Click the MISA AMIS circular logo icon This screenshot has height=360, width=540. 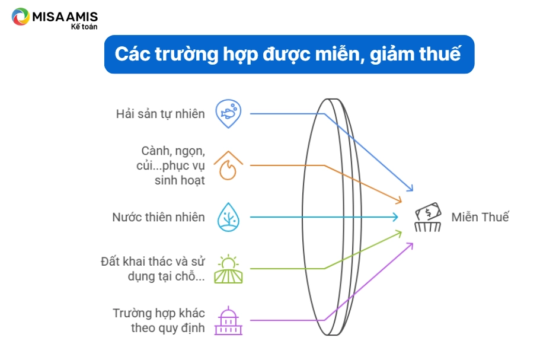click(x=20, y=17)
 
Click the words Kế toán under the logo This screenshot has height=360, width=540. click(x=84, y=27)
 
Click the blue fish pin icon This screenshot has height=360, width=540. click(x=228, y=114)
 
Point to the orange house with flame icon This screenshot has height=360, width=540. click(x=228, y=165)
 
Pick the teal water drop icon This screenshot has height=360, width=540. click(x=228, y=217)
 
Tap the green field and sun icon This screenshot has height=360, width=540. click(x=228, y=269)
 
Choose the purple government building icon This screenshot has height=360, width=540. click(x=228, y=320)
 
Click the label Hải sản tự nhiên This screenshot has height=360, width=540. click(x=160, y=114)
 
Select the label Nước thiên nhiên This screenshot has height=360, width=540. click(x=158, y=217)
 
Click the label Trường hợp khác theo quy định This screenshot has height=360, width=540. click(x=159, y=320)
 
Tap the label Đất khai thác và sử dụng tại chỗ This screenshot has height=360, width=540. click(x=153, y=269)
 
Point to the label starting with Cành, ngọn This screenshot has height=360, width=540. click(x=171, y=165)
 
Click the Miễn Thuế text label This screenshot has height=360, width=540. click(x=480, y=217)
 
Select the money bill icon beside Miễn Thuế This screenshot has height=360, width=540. click(x=428, y=217)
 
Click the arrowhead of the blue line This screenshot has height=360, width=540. click(x=411, y=189)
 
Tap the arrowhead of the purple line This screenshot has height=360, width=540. click(x=411, y=246)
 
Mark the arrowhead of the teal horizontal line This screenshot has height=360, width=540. click(x=396, y=217)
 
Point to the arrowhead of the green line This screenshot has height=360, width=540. click(x=399, y=234)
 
